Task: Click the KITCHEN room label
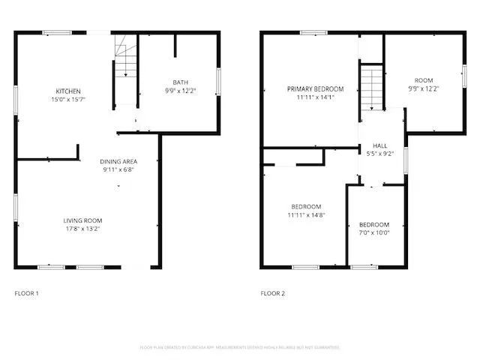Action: (x=67, y=91)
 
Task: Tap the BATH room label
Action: (x=181, y=82)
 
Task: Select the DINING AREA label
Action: (x=118, y=161)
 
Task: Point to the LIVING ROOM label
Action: (x=82, y=220)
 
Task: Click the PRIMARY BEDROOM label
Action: (x=310, y=88)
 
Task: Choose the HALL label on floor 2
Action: (x=380, y=145)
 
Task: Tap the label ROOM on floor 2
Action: (x=424, y=80)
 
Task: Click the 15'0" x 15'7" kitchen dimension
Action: (x=67, y=100)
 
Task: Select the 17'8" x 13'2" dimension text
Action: (x=82, y=228)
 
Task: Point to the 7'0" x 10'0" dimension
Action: (x=373, y=232)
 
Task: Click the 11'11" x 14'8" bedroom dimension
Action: (x=306, y=214)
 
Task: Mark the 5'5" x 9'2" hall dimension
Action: (x=380, y=154)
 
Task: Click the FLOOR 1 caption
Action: (x=27, y=292)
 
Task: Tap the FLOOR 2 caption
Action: (x=273, y=292)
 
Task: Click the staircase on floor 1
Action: (x=125, y=60)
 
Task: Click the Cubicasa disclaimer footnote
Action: (x=240, y=347)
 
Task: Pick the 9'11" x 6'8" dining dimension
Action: (x=118, y=169)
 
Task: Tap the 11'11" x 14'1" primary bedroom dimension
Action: (x=310, y=97)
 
